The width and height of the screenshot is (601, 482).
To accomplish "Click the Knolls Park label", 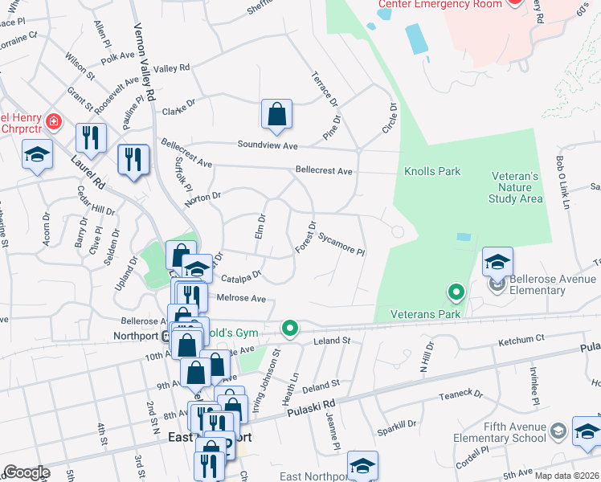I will [432, 171].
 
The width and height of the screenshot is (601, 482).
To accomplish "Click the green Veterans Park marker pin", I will [456, 292].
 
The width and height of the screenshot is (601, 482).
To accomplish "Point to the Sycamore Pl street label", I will [341, 244].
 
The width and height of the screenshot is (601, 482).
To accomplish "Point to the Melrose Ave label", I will [241, 298].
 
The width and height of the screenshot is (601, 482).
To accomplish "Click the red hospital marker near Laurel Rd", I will [54, 122].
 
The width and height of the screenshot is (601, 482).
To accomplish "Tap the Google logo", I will [26, 472].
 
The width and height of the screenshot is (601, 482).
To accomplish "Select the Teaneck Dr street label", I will [460, 394].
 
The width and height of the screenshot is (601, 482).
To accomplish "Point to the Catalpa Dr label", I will [245, 274].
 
